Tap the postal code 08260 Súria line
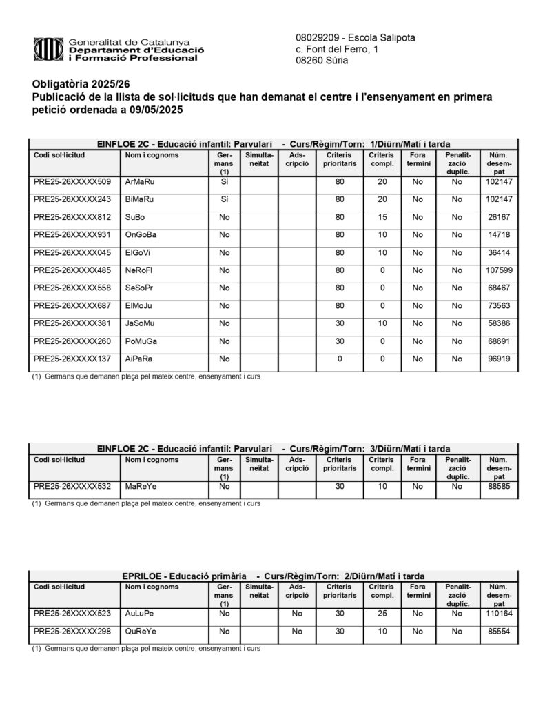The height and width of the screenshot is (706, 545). click(x=322, y=61)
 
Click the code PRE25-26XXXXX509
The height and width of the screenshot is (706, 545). click(x=72, y=182)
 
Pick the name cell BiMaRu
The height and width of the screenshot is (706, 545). click(x=139, y=199)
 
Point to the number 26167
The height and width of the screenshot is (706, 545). click(x=499, y=217)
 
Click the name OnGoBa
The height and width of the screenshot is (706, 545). click(x=141, y=235)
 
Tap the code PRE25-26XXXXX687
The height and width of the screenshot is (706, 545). click(x=72, y=306)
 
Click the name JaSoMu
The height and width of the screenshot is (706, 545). click(x=141, y=323)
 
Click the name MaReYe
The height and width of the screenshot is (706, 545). click(x=141, y=487)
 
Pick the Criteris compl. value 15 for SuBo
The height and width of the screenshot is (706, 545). click(x=381, y=217)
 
